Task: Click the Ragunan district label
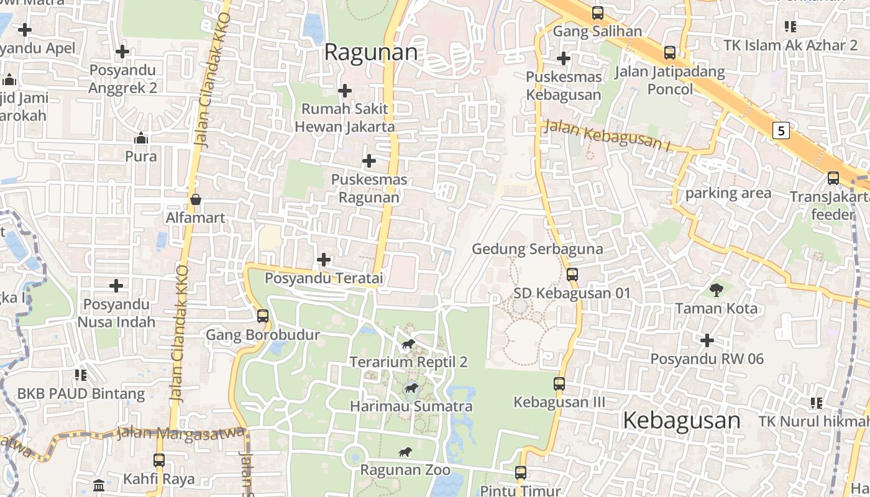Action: [371, 52]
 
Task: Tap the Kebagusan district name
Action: [681, 421]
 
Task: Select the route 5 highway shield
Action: [781, 130]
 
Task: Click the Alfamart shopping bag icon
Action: [196, 199]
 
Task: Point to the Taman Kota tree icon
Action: [716, 289]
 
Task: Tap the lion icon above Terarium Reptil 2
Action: [408, 344]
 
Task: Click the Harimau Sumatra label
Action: [411, 407]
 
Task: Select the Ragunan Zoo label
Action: [405, 470]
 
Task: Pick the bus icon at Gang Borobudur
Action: [262, 316]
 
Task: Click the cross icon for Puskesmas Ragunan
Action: [369, 162]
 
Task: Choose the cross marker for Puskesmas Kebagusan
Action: [564, 58]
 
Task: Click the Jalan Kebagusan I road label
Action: [608, 136]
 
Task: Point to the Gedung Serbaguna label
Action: [538, 249]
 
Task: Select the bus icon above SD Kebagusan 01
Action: [572, 274]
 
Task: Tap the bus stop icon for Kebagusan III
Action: [559, 384]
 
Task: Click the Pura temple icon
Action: [141, 138]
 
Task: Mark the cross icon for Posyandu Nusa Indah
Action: [116, 286]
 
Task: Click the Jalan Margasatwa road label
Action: [180, 433]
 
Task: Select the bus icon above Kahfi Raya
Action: [159, 460]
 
